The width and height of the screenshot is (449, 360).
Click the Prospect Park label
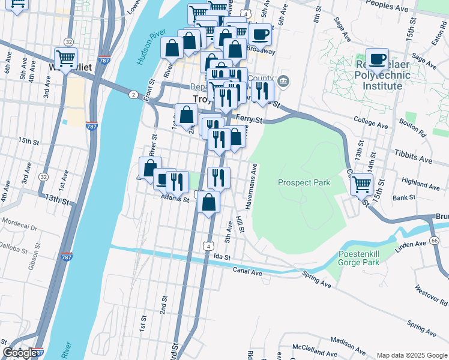[x=303, y=182]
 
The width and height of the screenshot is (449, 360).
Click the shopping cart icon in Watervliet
[x=66, y=58]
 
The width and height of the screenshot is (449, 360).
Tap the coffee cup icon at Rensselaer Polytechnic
[x=378, y=59]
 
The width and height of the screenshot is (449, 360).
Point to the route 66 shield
[x=433, y=240]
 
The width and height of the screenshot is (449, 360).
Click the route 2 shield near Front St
[x=132, y=94]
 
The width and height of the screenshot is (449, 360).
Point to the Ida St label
[x=221, y=256]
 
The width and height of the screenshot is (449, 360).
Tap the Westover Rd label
[x=428, y=298]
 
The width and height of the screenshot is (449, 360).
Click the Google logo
[x=20, y=353]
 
